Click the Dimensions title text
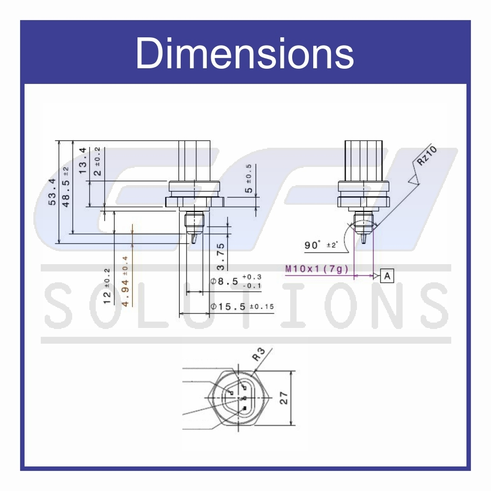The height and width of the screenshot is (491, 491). coord(245,53)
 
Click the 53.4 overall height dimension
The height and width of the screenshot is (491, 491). coord(52,191)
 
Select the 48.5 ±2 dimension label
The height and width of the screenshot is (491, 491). coord(66,187)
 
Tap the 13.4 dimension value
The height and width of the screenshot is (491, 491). coord(82,161)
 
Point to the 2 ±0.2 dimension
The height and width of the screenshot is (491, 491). coord(97,161)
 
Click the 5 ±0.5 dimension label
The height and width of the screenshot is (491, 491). coord(248,179)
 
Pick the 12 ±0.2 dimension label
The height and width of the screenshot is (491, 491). coord(107,286)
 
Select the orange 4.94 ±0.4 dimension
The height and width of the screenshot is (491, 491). coord(125,281)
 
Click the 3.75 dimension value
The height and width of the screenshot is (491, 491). coord(220,256)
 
